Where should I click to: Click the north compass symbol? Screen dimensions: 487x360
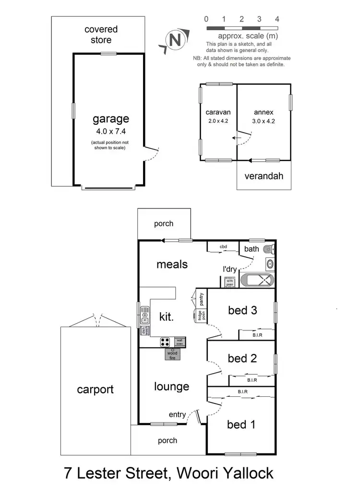coord(174,40)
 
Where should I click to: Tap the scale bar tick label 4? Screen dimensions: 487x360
coord(277,19)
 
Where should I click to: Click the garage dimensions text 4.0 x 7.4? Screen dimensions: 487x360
coord(111,131)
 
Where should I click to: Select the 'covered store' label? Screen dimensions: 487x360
coord(101,35)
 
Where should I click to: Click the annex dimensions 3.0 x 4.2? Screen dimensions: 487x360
coord(264,121)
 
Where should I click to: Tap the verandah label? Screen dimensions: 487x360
coord(264,176)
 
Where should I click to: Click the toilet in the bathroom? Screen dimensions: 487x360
coord(271,249)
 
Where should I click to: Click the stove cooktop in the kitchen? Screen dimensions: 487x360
coord(166,342)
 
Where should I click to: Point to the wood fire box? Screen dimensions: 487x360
coord(172,354)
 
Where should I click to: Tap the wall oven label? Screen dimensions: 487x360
coord(180,341)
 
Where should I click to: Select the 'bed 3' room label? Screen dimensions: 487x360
coord(242,310)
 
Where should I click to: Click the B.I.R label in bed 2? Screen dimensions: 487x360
coord(252,380)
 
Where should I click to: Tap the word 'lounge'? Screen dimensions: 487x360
coord(171,387)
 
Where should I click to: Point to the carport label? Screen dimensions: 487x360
coord(96,389)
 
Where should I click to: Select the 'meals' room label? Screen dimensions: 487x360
coord(171,264)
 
